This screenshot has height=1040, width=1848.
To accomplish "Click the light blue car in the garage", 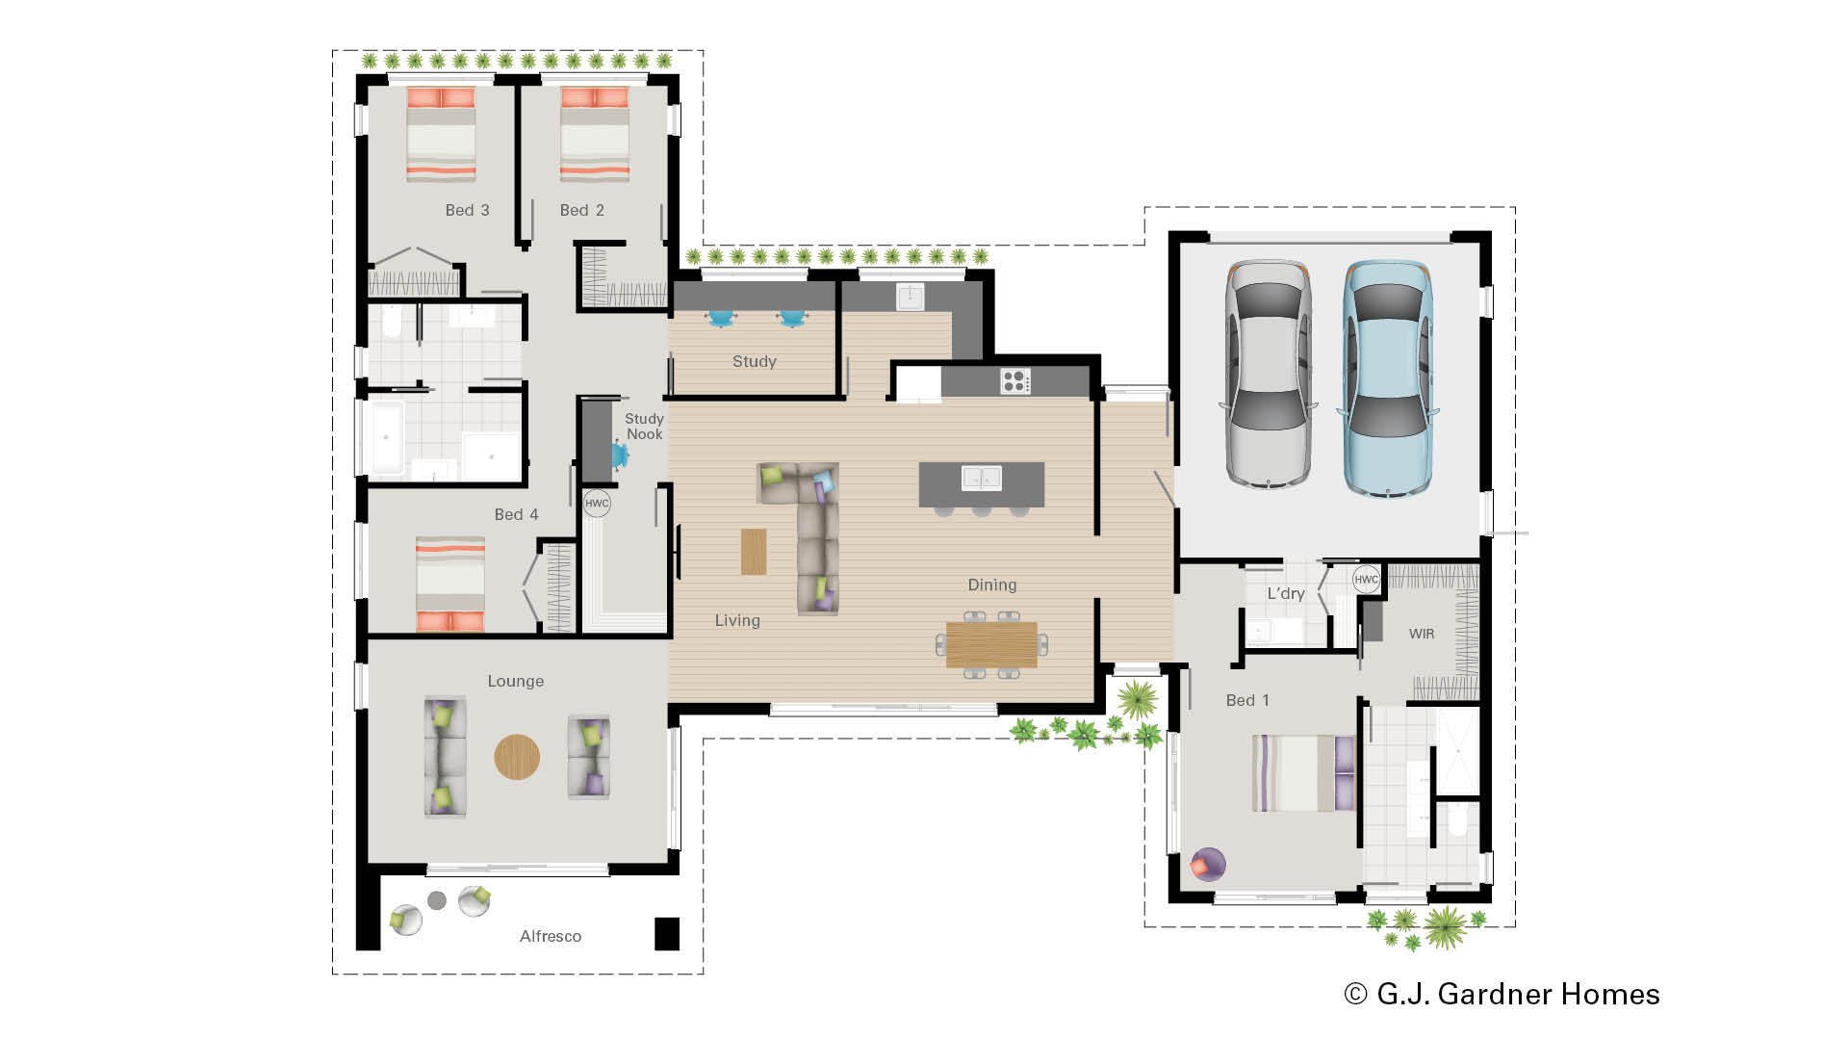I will (x=1387, y=378).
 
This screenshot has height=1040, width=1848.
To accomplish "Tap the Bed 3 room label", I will (x=467, y=210).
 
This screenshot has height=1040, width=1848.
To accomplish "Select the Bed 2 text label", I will (x=581, y=210).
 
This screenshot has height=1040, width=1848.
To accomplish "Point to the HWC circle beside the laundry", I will (x=1366, y=579).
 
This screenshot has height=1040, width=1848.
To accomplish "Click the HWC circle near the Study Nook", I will (x=597, y=503).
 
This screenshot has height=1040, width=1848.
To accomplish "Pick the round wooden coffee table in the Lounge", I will (x=517, y=757).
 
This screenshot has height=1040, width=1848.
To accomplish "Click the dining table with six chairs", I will (x=991, y=644).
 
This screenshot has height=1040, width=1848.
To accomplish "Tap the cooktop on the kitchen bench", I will (x=1014, y=381).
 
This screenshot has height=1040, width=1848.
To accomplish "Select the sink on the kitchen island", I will (x=981, y=478).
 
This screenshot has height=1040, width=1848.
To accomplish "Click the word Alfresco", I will (x=550, y=936).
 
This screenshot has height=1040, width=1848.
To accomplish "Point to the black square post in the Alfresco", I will (x=666, y=933).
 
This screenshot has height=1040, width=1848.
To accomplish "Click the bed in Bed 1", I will (x=1302, y=773).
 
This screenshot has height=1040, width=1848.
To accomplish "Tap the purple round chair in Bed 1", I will (x=1208, y=864).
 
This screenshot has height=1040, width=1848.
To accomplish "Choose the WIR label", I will (x=1421, y=634).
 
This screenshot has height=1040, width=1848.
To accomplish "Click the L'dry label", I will (x=1285, y=593).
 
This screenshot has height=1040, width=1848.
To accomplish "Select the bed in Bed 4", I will (x=449, y=584).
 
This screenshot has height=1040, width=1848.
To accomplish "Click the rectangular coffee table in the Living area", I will (x=754, y=552).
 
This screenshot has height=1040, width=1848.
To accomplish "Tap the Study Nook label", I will (x=644, y=427).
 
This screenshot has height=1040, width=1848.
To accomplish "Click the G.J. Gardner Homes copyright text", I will (x=1501, y=994).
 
